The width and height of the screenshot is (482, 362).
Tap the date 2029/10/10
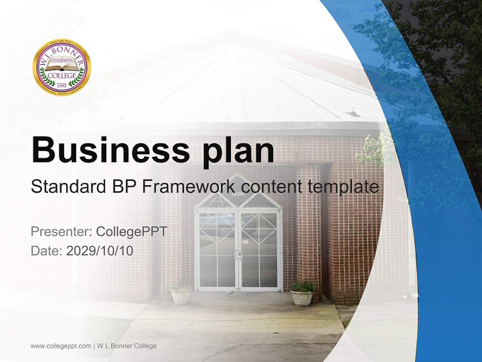99,250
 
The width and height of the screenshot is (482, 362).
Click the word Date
46,250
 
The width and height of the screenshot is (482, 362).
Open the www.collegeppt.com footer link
61,346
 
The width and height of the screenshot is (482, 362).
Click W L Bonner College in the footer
127,346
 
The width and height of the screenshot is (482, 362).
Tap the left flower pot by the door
180,295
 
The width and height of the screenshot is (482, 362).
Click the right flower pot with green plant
302,294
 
